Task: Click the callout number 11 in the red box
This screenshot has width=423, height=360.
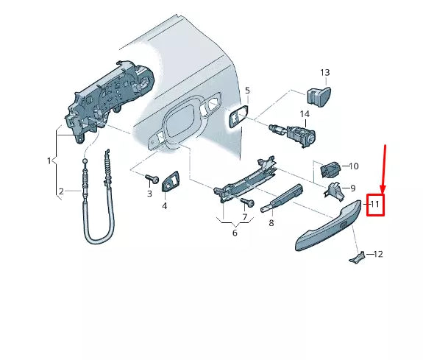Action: click(x=375, y=204)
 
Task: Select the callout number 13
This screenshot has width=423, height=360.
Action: click(x=325, y=73)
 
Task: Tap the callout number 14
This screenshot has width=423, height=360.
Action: click(x=305, y=113)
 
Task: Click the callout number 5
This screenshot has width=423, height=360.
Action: click(x=247, y=91)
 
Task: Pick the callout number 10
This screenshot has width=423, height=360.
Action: click(x=353, y=166)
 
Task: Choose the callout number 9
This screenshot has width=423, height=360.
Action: click(x=352, y=188)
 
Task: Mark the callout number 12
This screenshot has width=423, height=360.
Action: click(x=378, y=254)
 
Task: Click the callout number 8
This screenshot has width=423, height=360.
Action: click(x=271, y=222)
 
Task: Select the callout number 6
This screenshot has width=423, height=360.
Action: click(x=235, y=233)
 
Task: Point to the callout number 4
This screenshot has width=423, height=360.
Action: click(x=164, y=206)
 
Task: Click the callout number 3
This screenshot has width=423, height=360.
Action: click(x=149, y=194)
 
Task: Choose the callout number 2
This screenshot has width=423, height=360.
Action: click(x=62, y=191)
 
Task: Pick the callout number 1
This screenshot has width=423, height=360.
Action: click(x=49, y=160)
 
